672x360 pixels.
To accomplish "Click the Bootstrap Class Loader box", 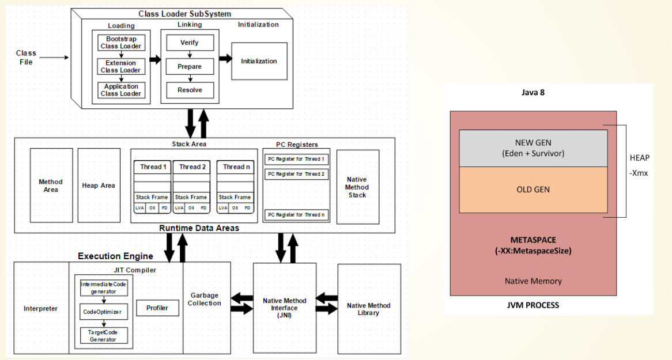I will click(x=120, y=42).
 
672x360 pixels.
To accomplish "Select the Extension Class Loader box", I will click(x=120, y=66).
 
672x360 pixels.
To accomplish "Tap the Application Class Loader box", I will click(x=122, y=90).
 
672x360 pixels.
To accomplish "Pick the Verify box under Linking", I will click(x=190, y=43).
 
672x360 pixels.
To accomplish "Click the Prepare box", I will click(x=190, y=66).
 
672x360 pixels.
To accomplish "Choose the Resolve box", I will click(x=190, y=90).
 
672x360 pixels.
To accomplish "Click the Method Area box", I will click(x=51, y=185).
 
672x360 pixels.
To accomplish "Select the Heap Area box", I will click(x=99, y=185).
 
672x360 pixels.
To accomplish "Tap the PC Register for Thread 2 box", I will click(x=296, y=173).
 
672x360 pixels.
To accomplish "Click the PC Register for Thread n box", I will click(x=296, y=215).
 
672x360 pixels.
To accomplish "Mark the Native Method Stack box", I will click(x=358, y=187).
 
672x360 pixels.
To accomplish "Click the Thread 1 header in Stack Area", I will click(x=153, y=167).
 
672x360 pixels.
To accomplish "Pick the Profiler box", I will click(x=157, y=308).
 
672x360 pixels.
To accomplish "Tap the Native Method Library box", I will click(x=369, y=309).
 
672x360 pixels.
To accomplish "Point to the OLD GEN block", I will click(x=533, y=190).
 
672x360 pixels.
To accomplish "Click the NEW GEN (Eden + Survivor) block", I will click(x=533, y=149).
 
